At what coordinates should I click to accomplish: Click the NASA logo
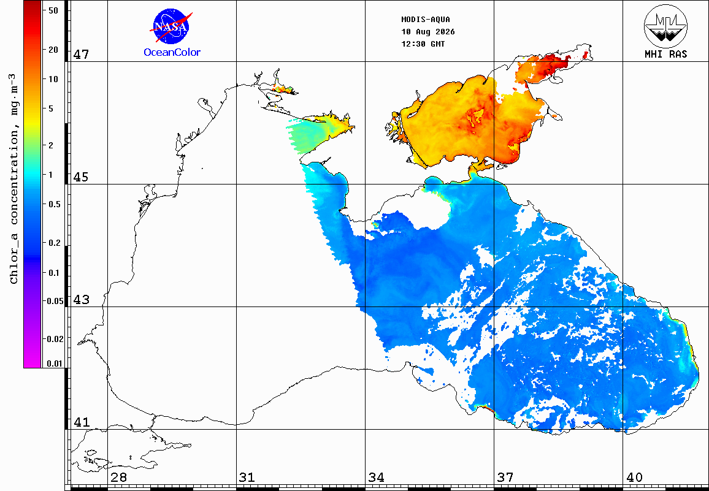coord(171,26)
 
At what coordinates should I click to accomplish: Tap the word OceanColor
coord(172,53)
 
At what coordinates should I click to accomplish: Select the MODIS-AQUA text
coord(426,20)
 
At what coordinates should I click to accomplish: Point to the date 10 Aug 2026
coord(427,32)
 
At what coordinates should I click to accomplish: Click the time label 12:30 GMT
coord(423,44)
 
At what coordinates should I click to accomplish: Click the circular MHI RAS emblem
coord(665,26)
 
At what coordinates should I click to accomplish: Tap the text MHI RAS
coord(665,55)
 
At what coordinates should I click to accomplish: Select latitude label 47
coord(82,55)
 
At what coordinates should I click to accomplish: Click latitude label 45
coord(81,177)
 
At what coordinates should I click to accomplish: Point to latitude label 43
coord(82,300)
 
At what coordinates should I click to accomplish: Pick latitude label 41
coord(82,422)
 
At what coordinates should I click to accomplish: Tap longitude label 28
coord(118,477)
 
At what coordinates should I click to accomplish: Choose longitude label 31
coord(247,477)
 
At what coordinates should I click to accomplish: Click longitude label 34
coord(376,477)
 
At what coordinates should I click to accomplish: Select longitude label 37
coord(505,477)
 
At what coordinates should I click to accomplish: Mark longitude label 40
coord(634,477)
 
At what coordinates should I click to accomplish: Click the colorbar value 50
coord(53,10)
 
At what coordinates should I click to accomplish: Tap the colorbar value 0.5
coord(55,204)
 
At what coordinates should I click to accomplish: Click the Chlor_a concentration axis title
coord(14,179)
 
